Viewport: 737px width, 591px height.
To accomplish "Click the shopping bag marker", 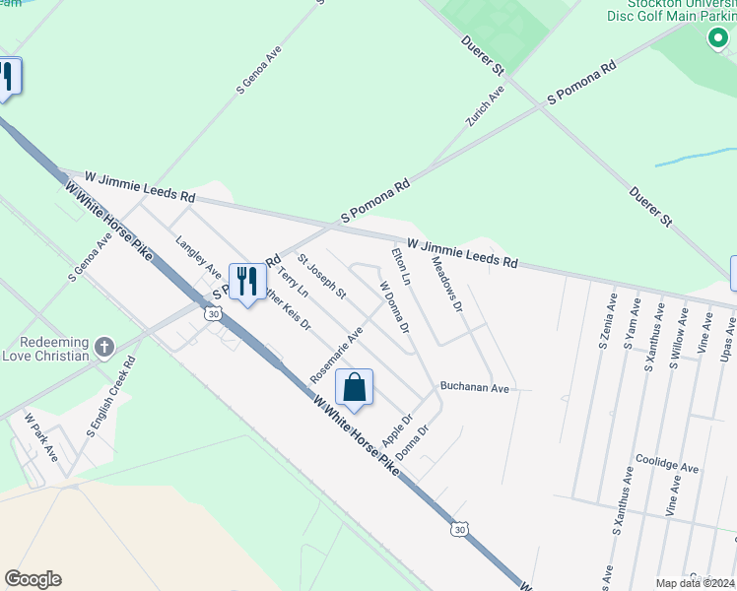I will (x=355, y=387).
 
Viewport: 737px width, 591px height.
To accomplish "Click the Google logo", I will (x=33, y=579).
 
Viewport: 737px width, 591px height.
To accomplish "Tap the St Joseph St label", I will (x=323, y=278).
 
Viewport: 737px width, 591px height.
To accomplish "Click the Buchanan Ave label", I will (x=475, y=388).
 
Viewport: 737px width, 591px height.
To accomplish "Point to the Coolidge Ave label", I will (x=666, y=465).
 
